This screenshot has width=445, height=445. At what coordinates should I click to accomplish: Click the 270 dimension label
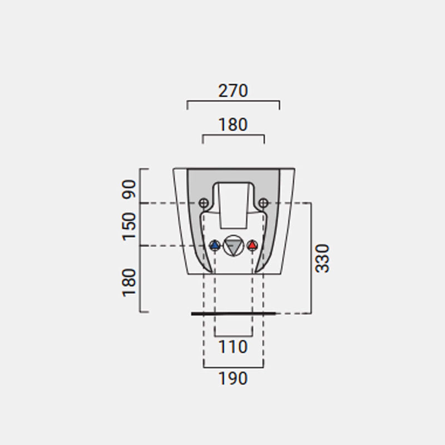click(x=233, y=91)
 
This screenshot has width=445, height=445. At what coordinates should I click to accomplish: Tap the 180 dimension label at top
click(x=233, y=125)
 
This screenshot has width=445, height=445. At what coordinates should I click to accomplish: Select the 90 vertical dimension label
click(x=129, y=189)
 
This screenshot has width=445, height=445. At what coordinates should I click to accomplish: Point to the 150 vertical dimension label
click(x=129, y=226)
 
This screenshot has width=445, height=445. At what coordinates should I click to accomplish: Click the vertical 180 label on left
click(x=129, y=283)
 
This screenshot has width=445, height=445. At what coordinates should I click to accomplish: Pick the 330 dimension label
click(x=323, y=258)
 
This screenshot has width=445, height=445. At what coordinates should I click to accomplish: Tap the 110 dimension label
click(x=233, y=347)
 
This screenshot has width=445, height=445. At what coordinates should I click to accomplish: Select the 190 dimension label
click(x=233, y=378)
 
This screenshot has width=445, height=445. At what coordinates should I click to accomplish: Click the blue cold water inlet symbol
click(x=215, y=245)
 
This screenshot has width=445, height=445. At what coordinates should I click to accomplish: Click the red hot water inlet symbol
click(x=253, y=245)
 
